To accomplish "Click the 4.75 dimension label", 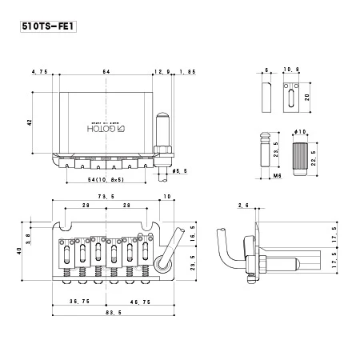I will tap(39, 73).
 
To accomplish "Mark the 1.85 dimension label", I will tap(187, 73).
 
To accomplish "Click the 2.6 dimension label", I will tap(243, 206).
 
